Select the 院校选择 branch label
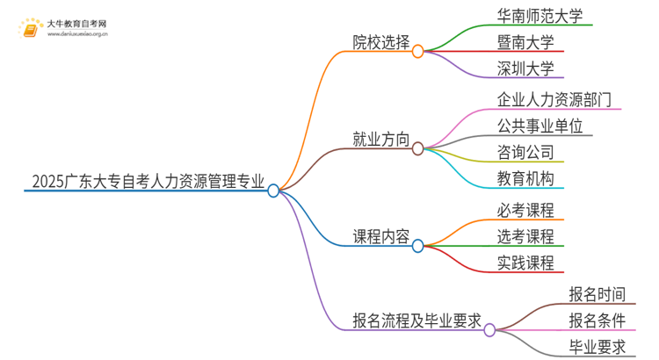point(380,43)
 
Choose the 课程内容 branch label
point(380,236)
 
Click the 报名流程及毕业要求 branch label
point(416,321)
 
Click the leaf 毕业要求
point(597,347)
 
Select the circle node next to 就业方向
point(417,148)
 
